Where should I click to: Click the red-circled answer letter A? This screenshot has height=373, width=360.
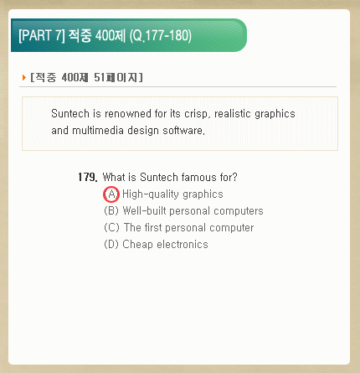(111, 194)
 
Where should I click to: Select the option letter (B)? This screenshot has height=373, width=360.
(111, 210)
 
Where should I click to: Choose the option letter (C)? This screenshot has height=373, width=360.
(111, 227)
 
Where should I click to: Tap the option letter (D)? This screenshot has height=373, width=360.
(111, 244)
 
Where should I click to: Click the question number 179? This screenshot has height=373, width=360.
(88, 177)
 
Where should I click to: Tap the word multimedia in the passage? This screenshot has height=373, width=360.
(98, 131)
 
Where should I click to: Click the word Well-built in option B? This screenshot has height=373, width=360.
(145, 210)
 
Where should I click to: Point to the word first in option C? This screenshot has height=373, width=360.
(153, 227)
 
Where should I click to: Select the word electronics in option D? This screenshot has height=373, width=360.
(183, 245)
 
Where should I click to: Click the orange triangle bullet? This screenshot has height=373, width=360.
(24, 77)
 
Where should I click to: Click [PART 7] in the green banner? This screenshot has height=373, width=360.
(42, 36)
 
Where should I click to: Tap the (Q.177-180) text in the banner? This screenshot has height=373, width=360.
(161, 36)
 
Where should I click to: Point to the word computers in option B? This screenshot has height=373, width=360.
(239, 211)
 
